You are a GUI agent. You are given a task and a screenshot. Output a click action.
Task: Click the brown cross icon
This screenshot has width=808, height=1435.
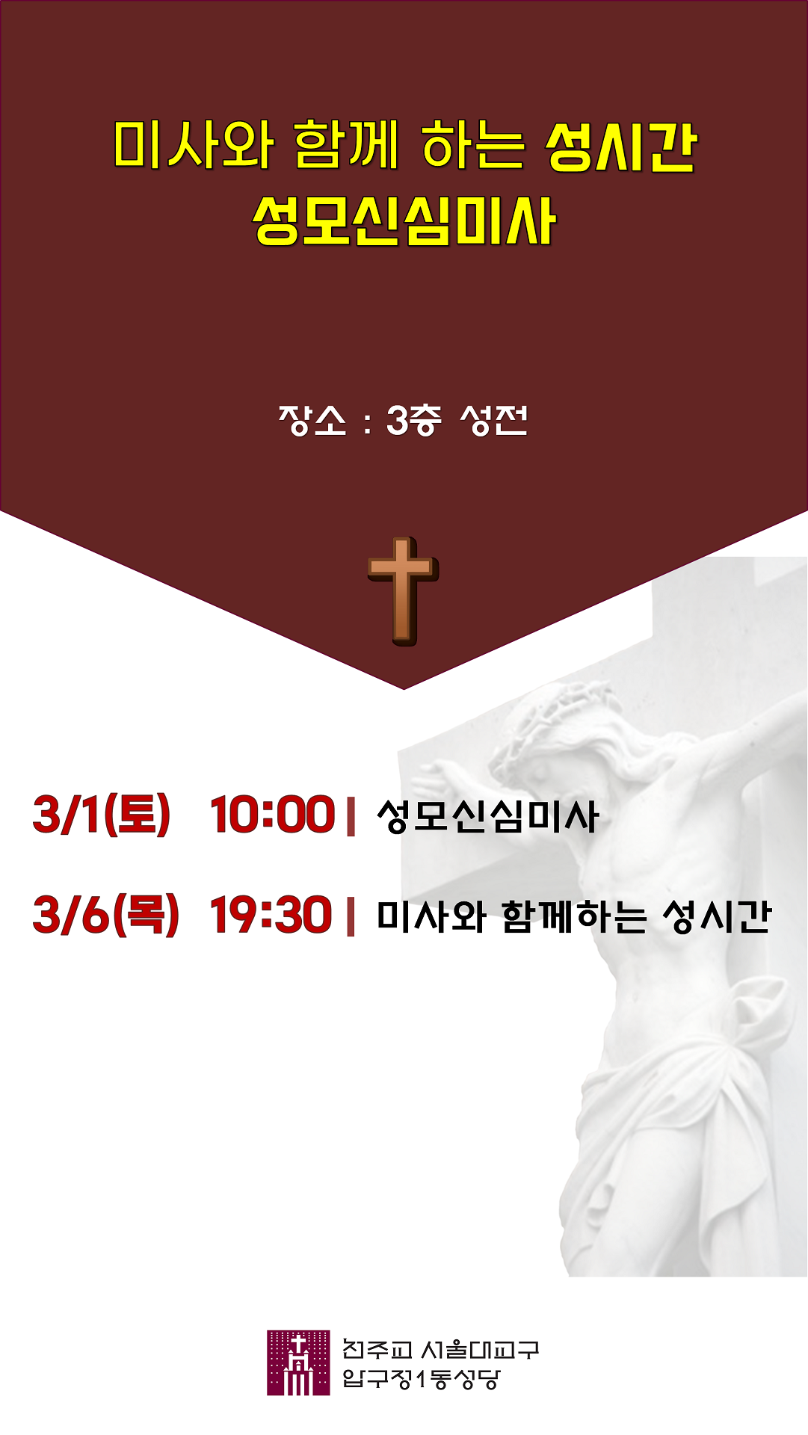coord(403,591)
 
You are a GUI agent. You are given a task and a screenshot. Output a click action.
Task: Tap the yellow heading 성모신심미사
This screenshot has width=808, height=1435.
coord(404,221)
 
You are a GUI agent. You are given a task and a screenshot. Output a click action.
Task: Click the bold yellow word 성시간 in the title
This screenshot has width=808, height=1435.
coord(621,146)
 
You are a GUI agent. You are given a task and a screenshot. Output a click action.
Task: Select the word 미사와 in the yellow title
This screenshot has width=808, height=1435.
coord(193,144)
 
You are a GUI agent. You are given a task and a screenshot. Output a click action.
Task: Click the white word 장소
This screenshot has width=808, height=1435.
coord(312,420)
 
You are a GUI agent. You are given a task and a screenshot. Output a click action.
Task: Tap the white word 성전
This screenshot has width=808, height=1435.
coord(494,420)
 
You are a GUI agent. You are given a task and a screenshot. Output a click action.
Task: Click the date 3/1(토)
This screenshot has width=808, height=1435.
coord(102,815)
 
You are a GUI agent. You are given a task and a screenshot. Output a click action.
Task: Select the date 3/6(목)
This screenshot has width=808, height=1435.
coord(106,915)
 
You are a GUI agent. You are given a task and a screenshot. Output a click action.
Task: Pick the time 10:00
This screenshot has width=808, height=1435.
coord(272,815)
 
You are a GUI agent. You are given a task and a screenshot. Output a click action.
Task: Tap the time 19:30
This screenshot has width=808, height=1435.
coord(271,915)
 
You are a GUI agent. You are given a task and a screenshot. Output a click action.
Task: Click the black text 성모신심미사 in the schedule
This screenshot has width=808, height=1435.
coord(487,815)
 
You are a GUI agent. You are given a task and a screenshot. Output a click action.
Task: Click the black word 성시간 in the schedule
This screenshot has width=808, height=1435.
coord(716,916)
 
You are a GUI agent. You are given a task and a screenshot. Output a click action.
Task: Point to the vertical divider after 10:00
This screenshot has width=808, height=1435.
coord(351,816)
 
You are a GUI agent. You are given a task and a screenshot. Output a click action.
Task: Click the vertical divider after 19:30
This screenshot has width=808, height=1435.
coord(351,916)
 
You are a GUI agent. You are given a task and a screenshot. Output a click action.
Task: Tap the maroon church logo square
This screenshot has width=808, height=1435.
coord(298,1363)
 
